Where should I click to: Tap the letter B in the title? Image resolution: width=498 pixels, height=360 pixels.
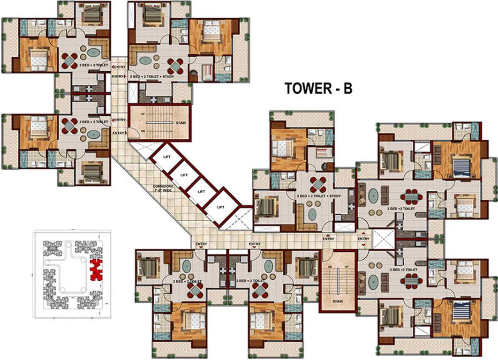tap(347, 89)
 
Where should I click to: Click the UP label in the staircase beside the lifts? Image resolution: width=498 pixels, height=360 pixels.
tap(143, 114)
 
